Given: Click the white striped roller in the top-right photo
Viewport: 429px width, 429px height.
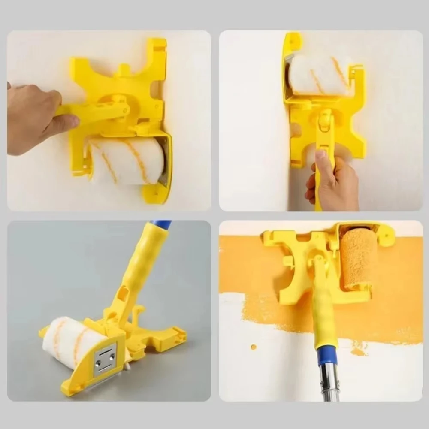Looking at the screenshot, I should tap(317, 75).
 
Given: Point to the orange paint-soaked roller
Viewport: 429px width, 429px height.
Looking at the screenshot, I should tap(358, 257).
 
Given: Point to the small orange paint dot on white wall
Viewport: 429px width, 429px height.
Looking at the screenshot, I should tap(254, 346).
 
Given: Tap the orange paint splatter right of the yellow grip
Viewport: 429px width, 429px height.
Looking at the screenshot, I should tap(358, 347).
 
